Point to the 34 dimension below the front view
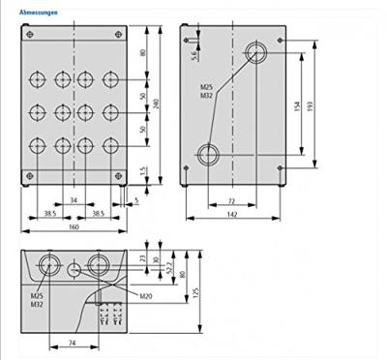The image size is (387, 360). pos(74,200)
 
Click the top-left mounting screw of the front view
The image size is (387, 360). pos(30,36)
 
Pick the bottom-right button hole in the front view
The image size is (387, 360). pos(108,145)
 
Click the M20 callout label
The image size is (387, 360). pos(145,295)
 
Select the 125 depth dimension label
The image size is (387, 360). pos(193,293)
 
